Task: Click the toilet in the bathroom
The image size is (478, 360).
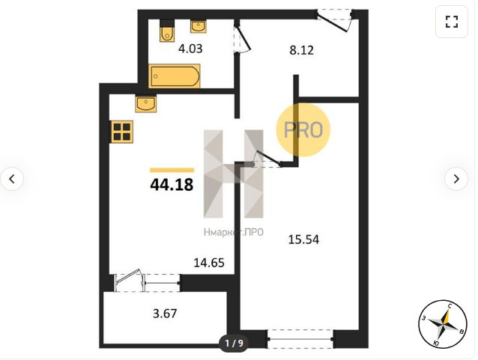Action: coord(167,31)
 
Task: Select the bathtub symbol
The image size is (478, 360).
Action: coord(174,76)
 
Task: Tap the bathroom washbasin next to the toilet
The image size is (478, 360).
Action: coord(199,26)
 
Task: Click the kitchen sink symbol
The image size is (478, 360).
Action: coord(145,103)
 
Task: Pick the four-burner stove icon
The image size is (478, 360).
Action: coord(122,132)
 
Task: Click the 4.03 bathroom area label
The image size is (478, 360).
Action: coord(190,49)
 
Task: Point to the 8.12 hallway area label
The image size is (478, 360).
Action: coord(301,50)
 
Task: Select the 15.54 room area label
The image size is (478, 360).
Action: coord(303,240)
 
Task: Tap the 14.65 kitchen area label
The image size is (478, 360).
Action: coord(209,263)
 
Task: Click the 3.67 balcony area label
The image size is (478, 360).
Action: coord(165,314)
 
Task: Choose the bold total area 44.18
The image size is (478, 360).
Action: coord(172,185)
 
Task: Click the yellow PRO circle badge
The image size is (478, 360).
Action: coord(303,129)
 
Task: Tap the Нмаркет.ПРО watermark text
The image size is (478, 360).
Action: coord(234,232)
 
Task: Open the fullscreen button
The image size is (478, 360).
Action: coord(452,22)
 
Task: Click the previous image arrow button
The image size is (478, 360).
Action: coord(12,179)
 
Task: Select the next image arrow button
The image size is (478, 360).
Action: coord(456,179)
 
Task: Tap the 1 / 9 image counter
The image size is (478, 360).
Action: coord(234,344)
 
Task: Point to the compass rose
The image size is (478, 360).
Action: coord(443,324)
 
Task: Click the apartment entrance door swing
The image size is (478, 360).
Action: coord(335,20)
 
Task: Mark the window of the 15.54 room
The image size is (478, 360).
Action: coord(300,339)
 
